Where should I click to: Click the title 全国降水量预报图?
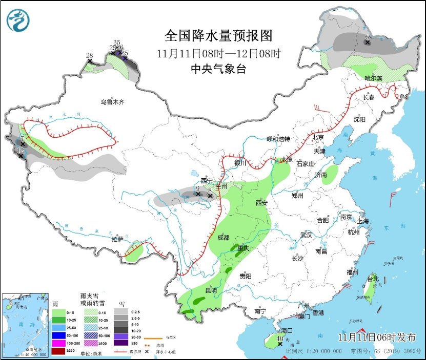(218, 35)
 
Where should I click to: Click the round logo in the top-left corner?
(18, 20)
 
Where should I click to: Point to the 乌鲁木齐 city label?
(112, 102)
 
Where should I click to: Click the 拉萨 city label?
(117, 239)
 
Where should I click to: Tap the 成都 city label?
(223, 238)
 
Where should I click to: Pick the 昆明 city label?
(211, 290)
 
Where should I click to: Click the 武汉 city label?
(307, 235)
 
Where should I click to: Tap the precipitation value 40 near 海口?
(280, 338)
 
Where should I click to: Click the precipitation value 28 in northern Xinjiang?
(89, 55)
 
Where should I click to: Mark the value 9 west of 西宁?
(198, 188)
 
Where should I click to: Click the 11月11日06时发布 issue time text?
(377, 336)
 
